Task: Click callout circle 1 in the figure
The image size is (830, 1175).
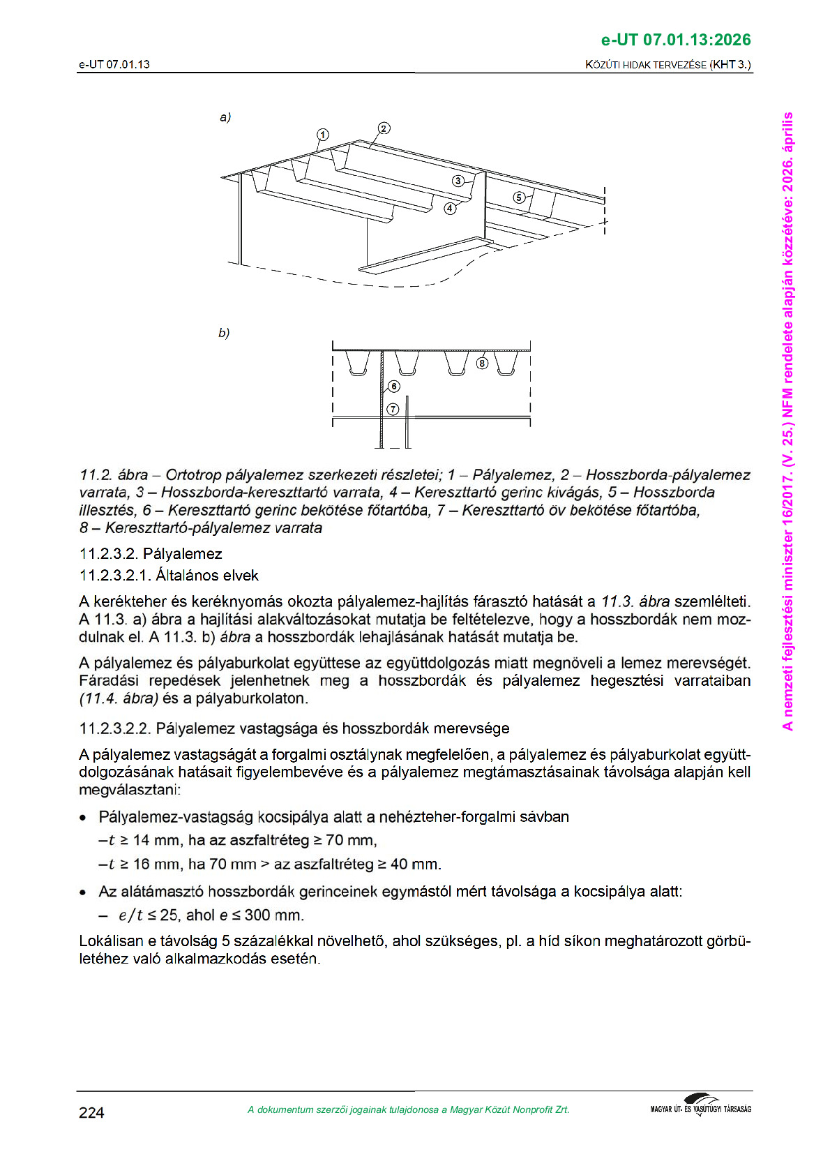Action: tap(322, 135)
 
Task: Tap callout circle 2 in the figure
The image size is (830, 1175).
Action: tap(384, 128)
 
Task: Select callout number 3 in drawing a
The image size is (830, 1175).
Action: tap(458, 181)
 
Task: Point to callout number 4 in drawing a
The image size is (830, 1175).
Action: tap(450, 208)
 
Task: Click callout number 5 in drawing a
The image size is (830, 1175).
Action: tap(518, 197)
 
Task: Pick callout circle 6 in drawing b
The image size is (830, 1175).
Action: tap(394, 387)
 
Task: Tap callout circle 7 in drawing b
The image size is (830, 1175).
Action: tap(392, 409)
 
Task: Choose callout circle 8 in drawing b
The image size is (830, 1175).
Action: tap(483, 363)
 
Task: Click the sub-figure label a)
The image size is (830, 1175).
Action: tap(225, 117)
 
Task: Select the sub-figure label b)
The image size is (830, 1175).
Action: tap(224, 333)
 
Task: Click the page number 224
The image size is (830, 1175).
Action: tap(91, 1113)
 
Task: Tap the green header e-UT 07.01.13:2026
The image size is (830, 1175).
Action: tap(676, 39)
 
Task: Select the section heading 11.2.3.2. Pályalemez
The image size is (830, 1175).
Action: tap(151, 554)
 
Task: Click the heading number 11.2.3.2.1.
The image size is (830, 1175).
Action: tap(115, 576)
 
